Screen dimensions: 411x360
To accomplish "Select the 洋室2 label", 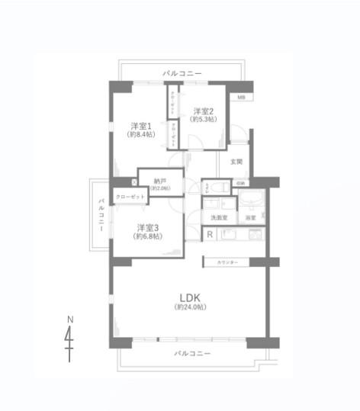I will pos(204,110).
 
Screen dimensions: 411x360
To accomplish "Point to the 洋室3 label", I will pos(149,227).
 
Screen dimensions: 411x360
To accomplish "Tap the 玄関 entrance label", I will pos(237,162).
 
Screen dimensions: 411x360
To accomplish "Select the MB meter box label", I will pos(240,98).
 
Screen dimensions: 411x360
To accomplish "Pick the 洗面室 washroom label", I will pos(220,218).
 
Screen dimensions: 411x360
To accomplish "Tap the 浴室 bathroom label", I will pos(251,218).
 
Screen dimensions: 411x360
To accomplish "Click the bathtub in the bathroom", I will pos(251,201).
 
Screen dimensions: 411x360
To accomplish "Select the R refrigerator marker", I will pos(210,235).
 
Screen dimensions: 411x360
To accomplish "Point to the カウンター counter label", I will pos(227,262).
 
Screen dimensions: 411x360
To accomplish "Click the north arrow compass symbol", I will pos(69,336).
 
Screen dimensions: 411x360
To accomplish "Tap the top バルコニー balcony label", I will pos(182,73).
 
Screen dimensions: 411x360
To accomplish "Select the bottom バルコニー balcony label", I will pos(191,354).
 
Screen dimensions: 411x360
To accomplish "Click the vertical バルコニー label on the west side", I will pos(100,215).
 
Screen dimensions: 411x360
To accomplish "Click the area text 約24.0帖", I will pos(190,307).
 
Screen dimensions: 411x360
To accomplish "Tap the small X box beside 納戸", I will pos(133,182).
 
